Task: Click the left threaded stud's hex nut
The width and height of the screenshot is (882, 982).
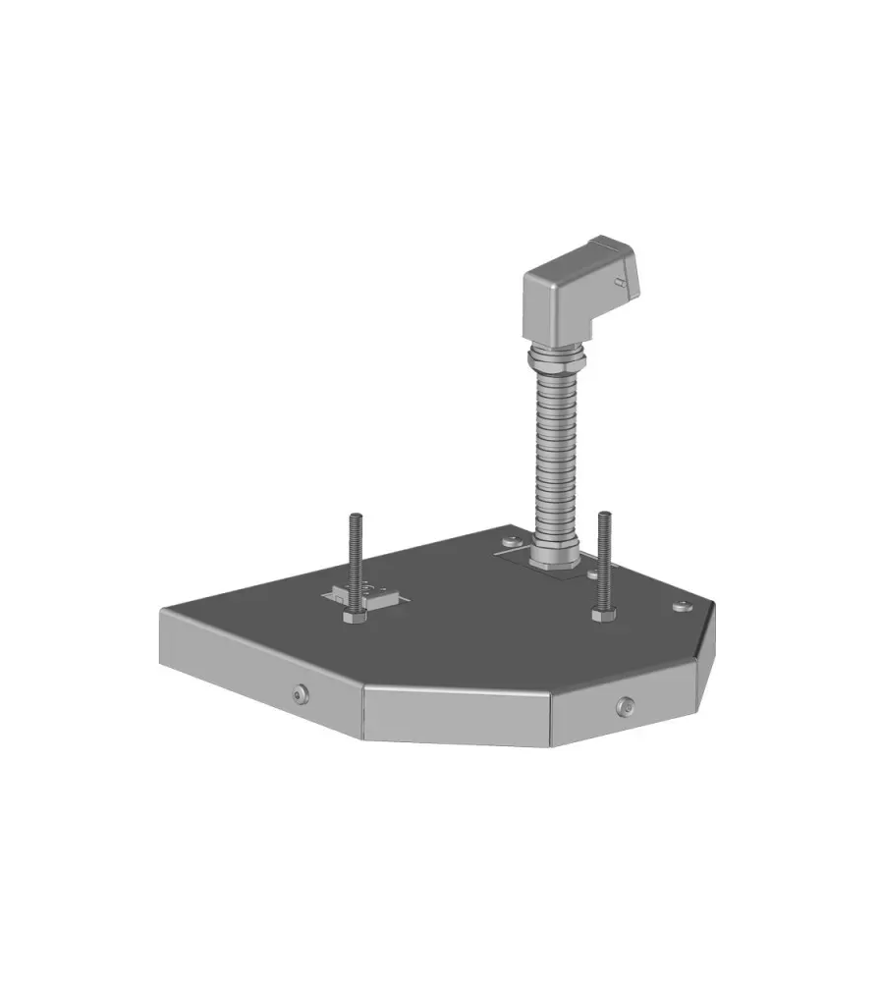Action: tap(354, 618)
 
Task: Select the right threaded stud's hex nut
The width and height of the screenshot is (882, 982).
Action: tap(603, 615)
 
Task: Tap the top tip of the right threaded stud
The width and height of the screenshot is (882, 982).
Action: tap(603, 515)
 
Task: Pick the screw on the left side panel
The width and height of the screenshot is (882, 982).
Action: tap(301, 695)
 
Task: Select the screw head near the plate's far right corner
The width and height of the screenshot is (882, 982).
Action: tap(681, 606)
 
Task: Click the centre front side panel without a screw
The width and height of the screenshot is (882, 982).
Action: tap(456, 714)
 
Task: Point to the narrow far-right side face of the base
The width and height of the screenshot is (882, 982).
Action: tap(706, 658)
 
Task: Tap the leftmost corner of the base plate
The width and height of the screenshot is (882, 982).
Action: tap(162, 611)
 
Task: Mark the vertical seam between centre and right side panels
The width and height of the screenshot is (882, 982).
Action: tap(549, 718)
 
